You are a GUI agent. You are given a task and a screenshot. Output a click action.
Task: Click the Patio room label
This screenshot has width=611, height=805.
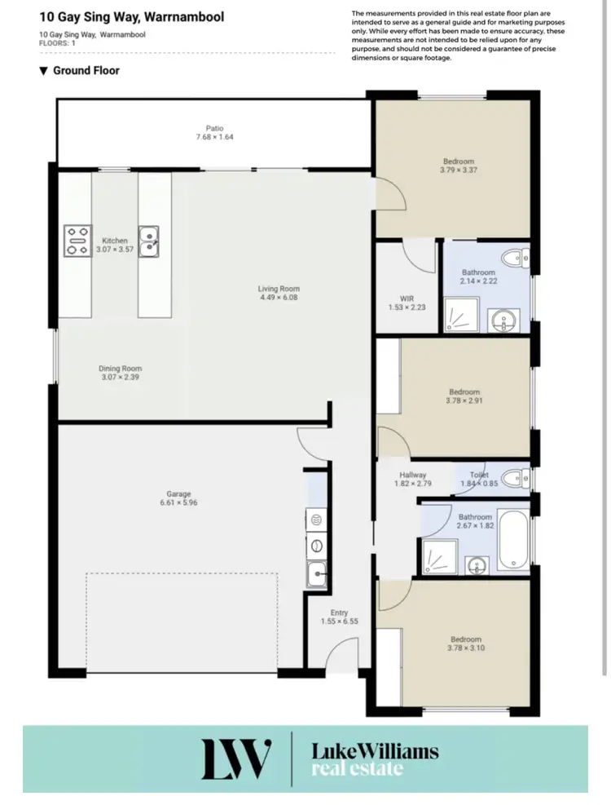(214, 128)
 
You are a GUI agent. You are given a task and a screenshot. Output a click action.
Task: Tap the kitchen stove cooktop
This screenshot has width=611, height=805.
(77, 241)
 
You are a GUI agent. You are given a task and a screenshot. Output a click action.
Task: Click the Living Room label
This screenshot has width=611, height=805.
(279, 289)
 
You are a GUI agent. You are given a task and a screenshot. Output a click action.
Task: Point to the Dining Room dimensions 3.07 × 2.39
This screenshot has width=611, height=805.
(120, 378)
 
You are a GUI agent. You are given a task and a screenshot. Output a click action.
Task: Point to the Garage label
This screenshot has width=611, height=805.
(178, 493)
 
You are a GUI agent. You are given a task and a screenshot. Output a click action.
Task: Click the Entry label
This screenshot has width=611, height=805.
(339, 613)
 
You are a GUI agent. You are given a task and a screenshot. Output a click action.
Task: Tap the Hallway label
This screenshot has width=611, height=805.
(413, 475)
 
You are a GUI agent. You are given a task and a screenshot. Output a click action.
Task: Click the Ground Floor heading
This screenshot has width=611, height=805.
(86, 71)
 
